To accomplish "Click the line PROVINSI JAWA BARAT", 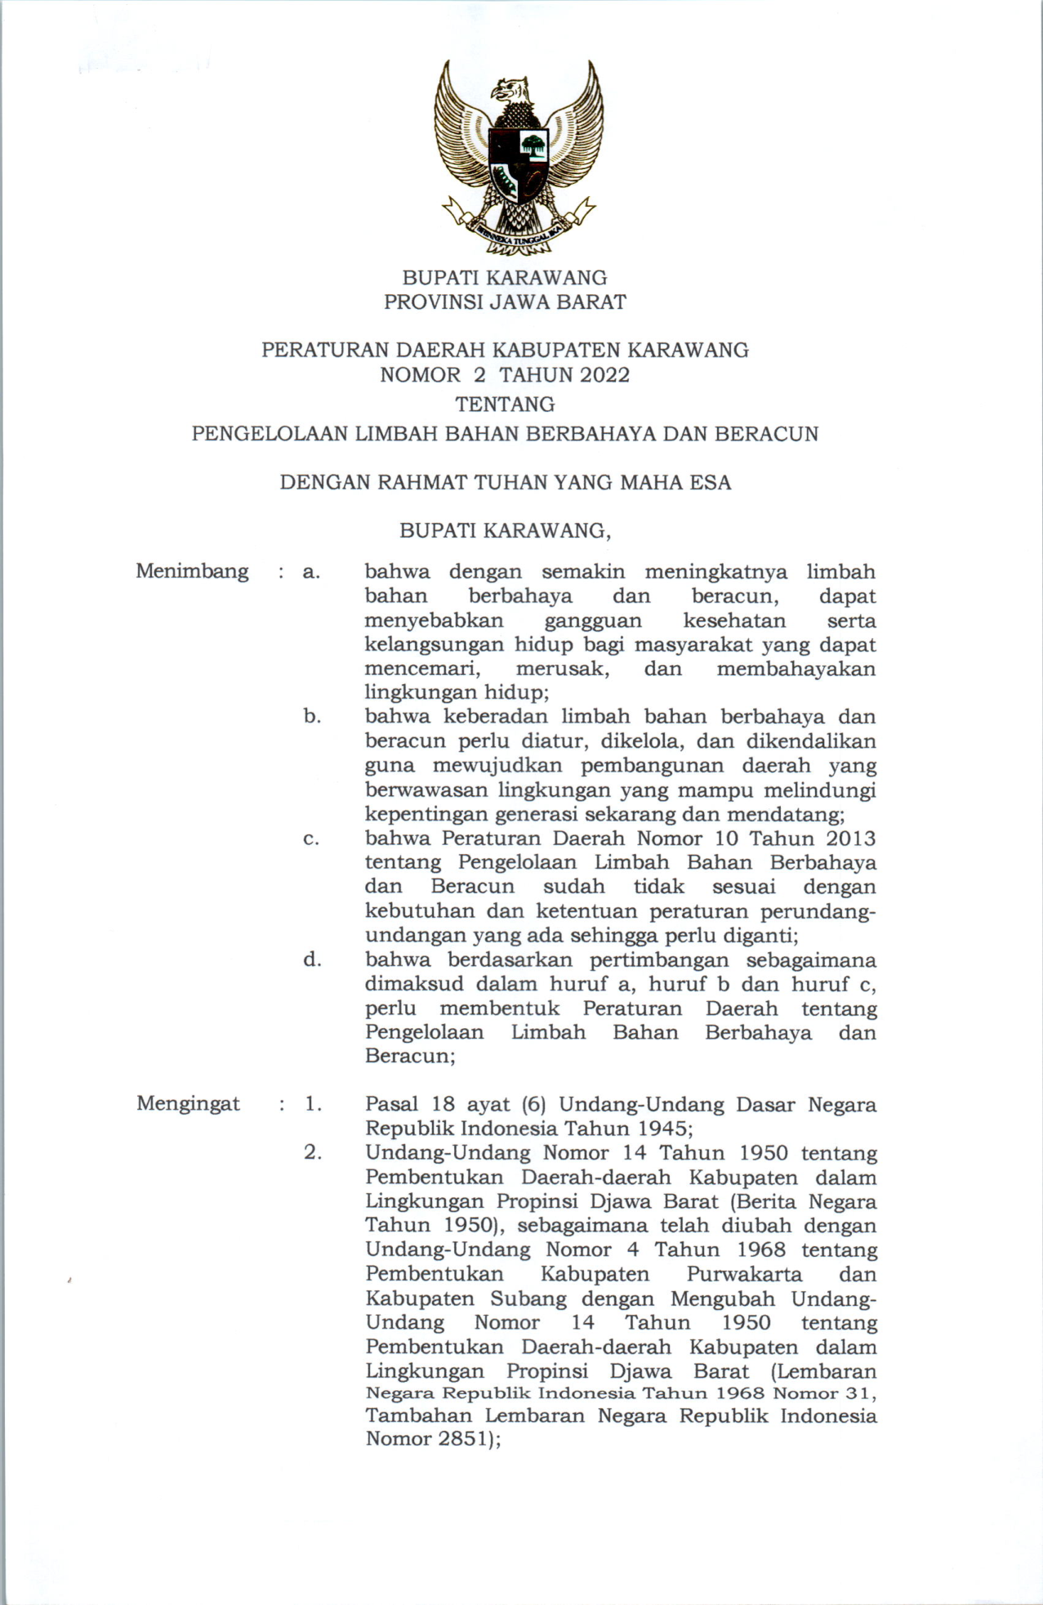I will tap(505, 302).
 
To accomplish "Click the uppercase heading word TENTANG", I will tap(505, 405).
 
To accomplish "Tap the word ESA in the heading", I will tap(710, 482).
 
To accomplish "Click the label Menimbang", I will tap(192, 571).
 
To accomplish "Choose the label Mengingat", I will tap(188, 1104).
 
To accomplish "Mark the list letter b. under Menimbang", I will tap(312, 717).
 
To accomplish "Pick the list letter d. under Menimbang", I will tap(312, 959).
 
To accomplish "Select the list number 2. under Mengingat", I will tap(313, 1153).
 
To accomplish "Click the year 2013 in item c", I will tap(850, 838).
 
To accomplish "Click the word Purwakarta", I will tap(744, 1274).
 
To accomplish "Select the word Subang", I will tap(528, 1299).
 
